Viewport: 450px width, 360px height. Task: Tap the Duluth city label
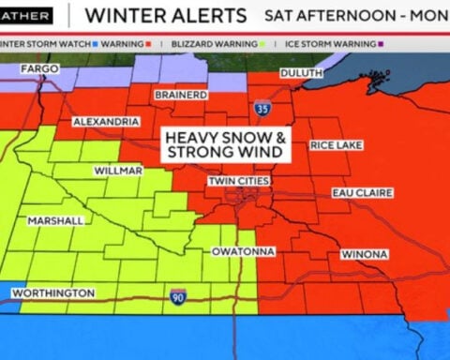tap(301, 73)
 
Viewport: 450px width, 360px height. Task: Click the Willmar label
tap(118, 171)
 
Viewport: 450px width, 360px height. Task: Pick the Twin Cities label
tap(239, 181)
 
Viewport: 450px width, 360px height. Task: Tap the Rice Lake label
tap(336, 145)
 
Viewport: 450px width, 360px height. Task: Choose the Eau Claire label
tap(361, 193)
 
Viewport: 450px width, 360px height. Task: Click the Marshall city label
tap(55, 220)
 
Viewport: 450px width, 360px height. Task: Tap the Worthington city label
tap(53, 293)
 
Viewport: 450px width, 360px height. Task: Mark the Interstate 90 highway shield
tap(178, 297)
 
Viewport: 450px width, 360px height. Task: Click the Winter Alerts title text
tap(166, 15)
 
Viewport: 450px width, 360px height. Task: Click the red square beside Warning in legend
tap(148, 42)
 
